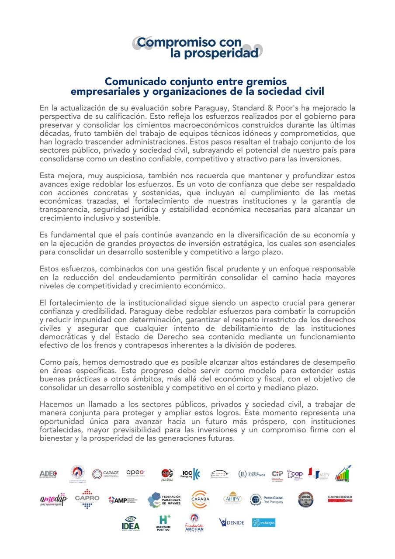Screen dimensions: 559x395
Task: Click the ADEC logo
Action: click(x=48, y=474)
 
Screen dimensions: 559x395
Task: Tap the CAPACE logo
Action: click(x=105, y=474)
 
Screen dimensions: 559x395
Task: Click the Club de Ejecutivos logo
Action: click(x=252, y=474)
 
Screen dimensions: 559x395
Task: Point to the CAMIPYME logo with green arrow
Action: click(x=343, y=473)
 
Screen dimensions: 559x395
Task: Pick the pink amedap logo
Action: click(x=53, y=499)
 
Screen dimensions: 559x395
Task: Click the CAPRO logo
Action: click(x=87, y=499)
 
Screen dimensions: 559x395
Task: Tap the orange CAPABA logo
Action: click(x=200, y=499)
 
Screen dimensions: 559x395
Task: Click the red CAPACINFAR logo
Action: click(x=340, y=499)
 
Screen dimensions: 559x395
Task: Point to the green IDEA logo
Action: click(x=131, y=523)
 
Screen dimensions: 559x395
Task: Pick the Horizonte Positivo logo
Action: click(x=163, y=522)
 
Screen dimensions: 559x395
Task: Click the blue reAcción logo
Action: click(x=263, y=523)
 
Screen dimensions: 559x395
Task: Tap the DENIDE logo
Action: click(x=232, y=522)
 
